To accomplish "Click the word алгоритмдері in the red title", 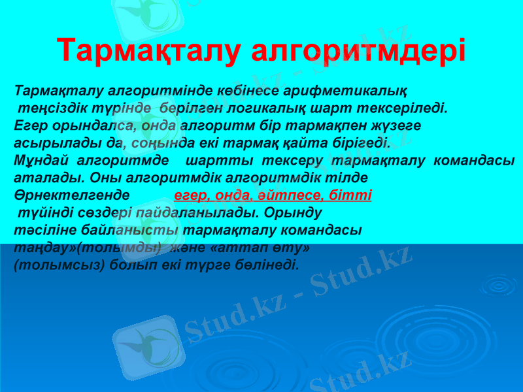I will (x=358, y=51).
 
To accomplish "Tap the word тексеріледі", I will (x=408, y=107).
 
